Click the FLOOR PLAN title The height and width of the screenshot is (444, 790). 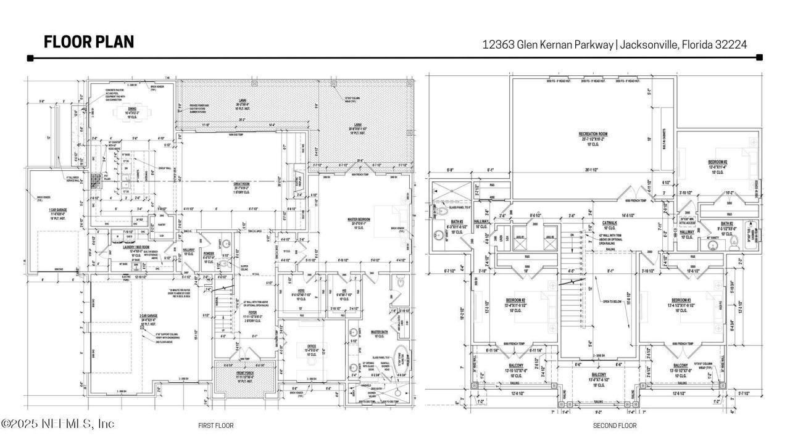pyautogui.click(x=88, y=42)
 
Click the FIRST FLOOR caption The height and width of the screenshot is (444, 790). pyautogui.click(x=215, y=425)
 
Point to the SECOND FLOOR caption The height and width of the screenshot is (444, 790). pyautogui.click(x=614, y=425)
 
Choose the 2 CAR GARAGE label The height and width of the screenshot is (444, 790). pyautogui.click(x=148, y=315)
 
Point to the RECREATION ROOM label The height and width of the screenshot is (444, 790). pyautogui.click(x=593, y=133)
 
